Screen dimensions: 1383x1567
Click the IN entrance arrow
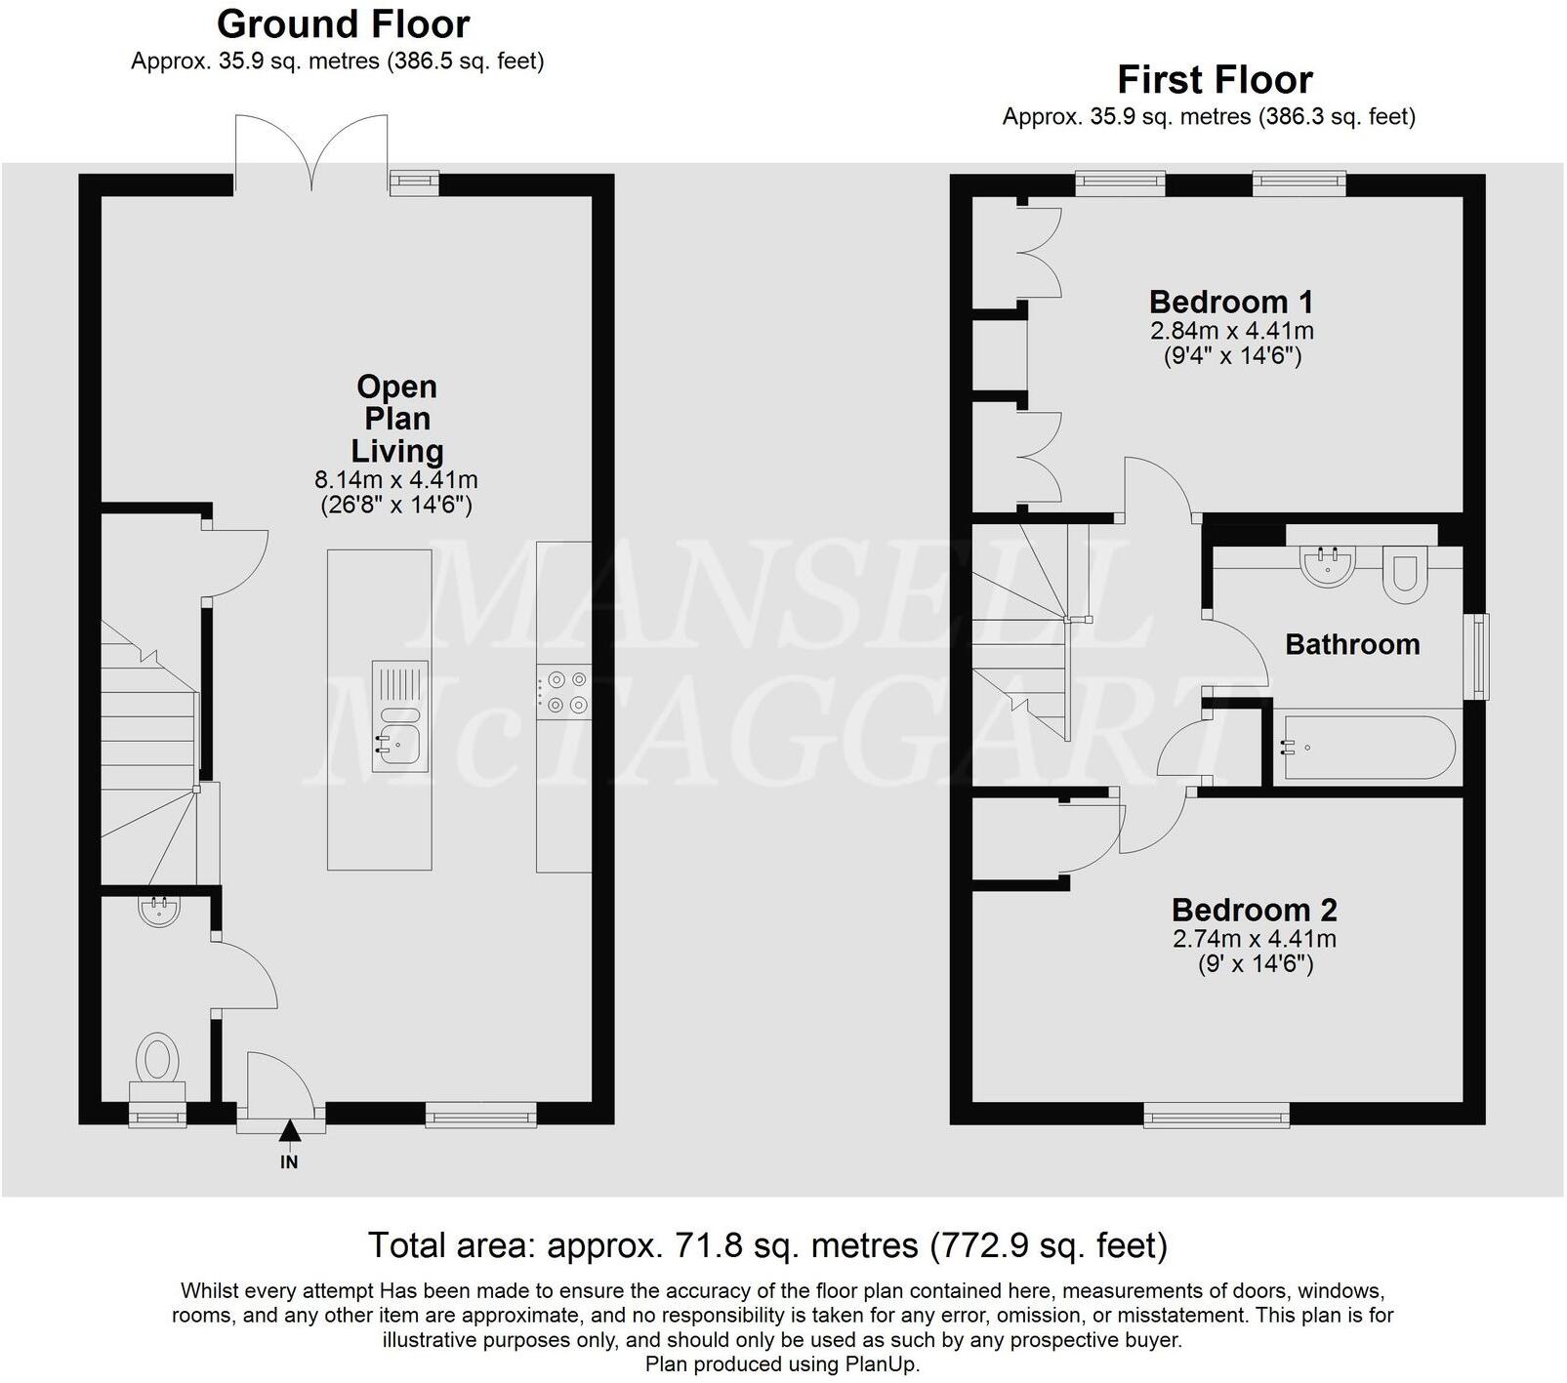pos(289,1132)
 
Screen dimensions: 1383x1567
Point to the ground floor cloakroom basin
pos(159,912)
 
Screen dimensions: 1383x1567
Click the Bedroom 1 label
pos(1230,302)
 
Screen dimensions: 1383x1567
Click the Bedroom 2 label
pos(1254,910)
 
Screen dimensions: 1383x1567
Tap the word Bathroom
pos(1351,644)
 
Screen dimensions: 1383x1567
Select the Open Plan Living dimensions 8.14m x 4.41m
pos(395,480)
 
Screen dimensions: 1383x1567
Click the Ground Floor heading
pos(343,23)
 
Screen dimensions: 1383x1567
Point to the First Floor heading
pos(1215,79)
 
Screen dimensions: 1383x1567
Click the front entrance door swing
pos(277,1083)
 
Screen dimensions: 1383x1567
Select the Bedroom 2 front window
pos(1216,1114)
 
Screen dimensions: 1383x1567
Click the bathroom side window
pos(1481,656)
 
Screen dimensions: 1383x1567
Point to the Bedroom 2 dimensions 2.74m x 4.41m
pos(1254,939)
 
